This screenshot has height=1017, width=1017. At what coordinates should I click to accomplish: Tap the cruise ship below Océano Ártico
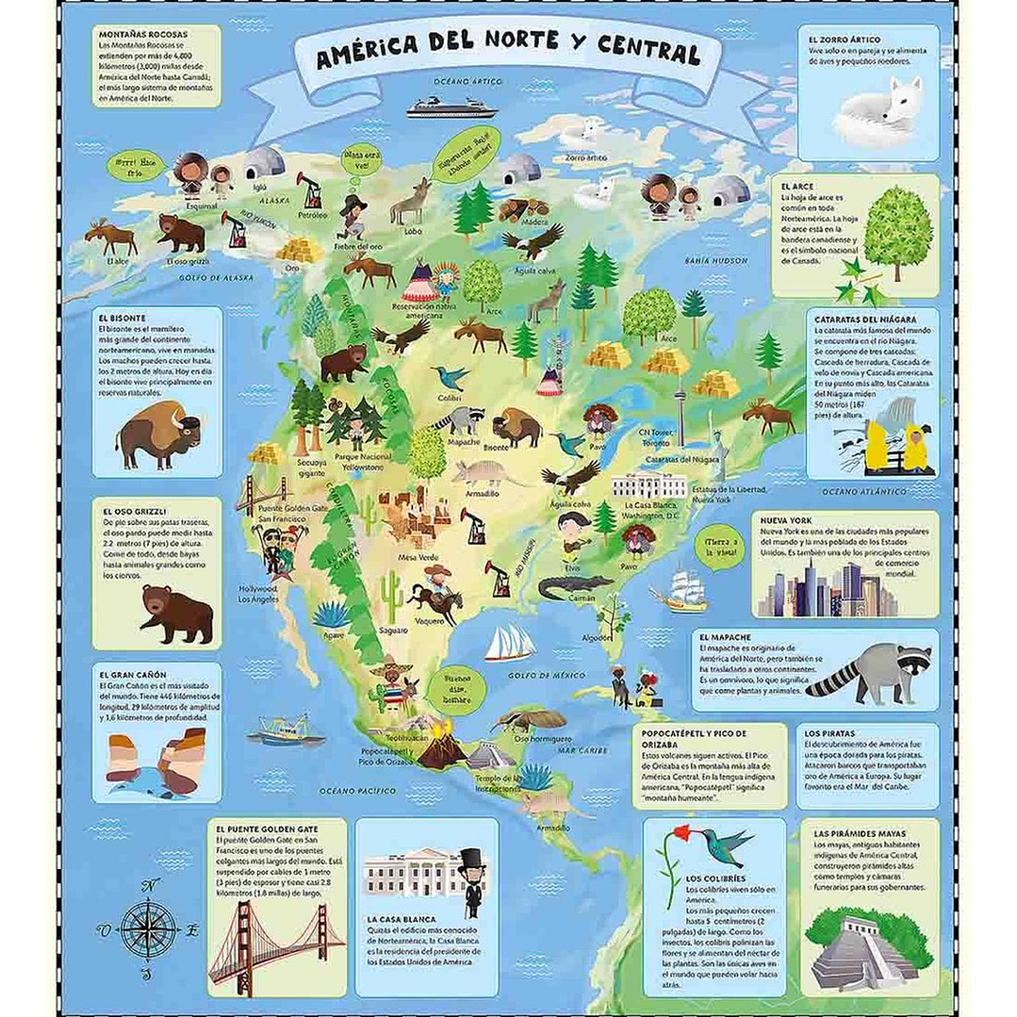pyautogui.click(x=451, y=108)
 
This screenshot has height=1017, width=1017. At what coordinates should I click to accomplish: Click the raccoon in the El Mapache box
pyautogui.click(x=868, y=671)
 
